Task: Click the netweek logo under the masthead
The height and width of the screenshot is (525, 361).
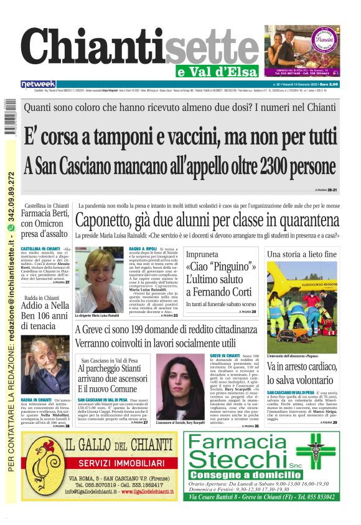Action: [x=39, y=84]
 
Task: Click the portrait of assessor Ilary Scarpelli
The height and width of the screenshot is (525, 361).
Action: [x=180, y=386]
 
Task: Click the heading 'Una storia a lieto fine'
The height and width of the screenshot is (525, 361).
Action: [x=302, y=254]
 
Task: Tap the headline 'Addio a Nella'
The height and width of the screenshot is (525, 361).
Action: [x=45, y=306]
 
